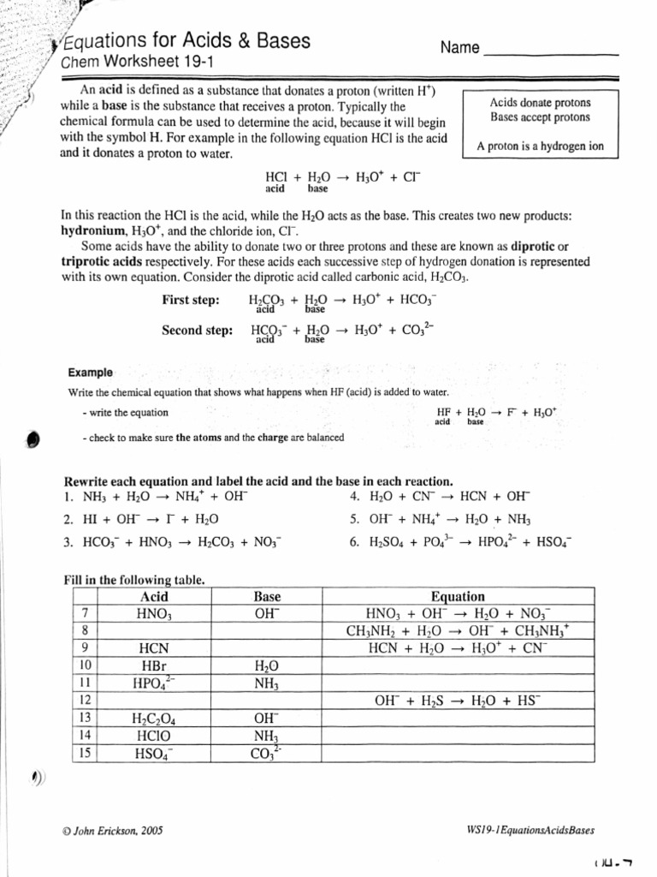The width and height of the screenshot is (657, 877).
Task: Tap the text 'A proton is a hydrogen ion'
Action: click(540, 146)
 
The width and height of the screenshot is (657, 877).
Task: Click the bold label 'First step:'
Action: click(191, 300)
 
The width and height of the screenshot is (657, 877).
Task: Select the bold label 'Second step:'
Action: click(198, 330)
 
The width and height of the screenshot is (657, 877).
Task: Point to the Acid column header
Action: click(154, 597)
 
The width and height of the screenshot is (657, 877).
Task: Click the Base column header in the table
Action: click(267, 597)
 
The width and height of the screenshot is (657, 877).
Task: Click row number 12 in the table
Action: click(85, 700)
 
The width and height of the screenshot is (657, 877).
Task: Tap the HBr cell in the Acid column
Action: click(154, 665)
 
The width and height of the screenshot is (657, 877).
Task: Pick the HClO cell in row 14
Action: click(154, 735)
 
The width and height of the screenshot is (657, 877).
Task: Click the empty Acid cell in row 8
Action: click(154, 631)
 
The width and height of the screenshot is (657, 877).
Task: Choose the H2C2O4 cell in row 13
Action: click(154, 718)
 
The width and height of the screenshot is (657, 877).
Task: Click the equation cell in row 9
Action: click(458, 648)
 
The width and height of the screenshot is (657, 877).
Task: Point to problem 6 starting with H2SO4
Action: click(460, 542)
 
